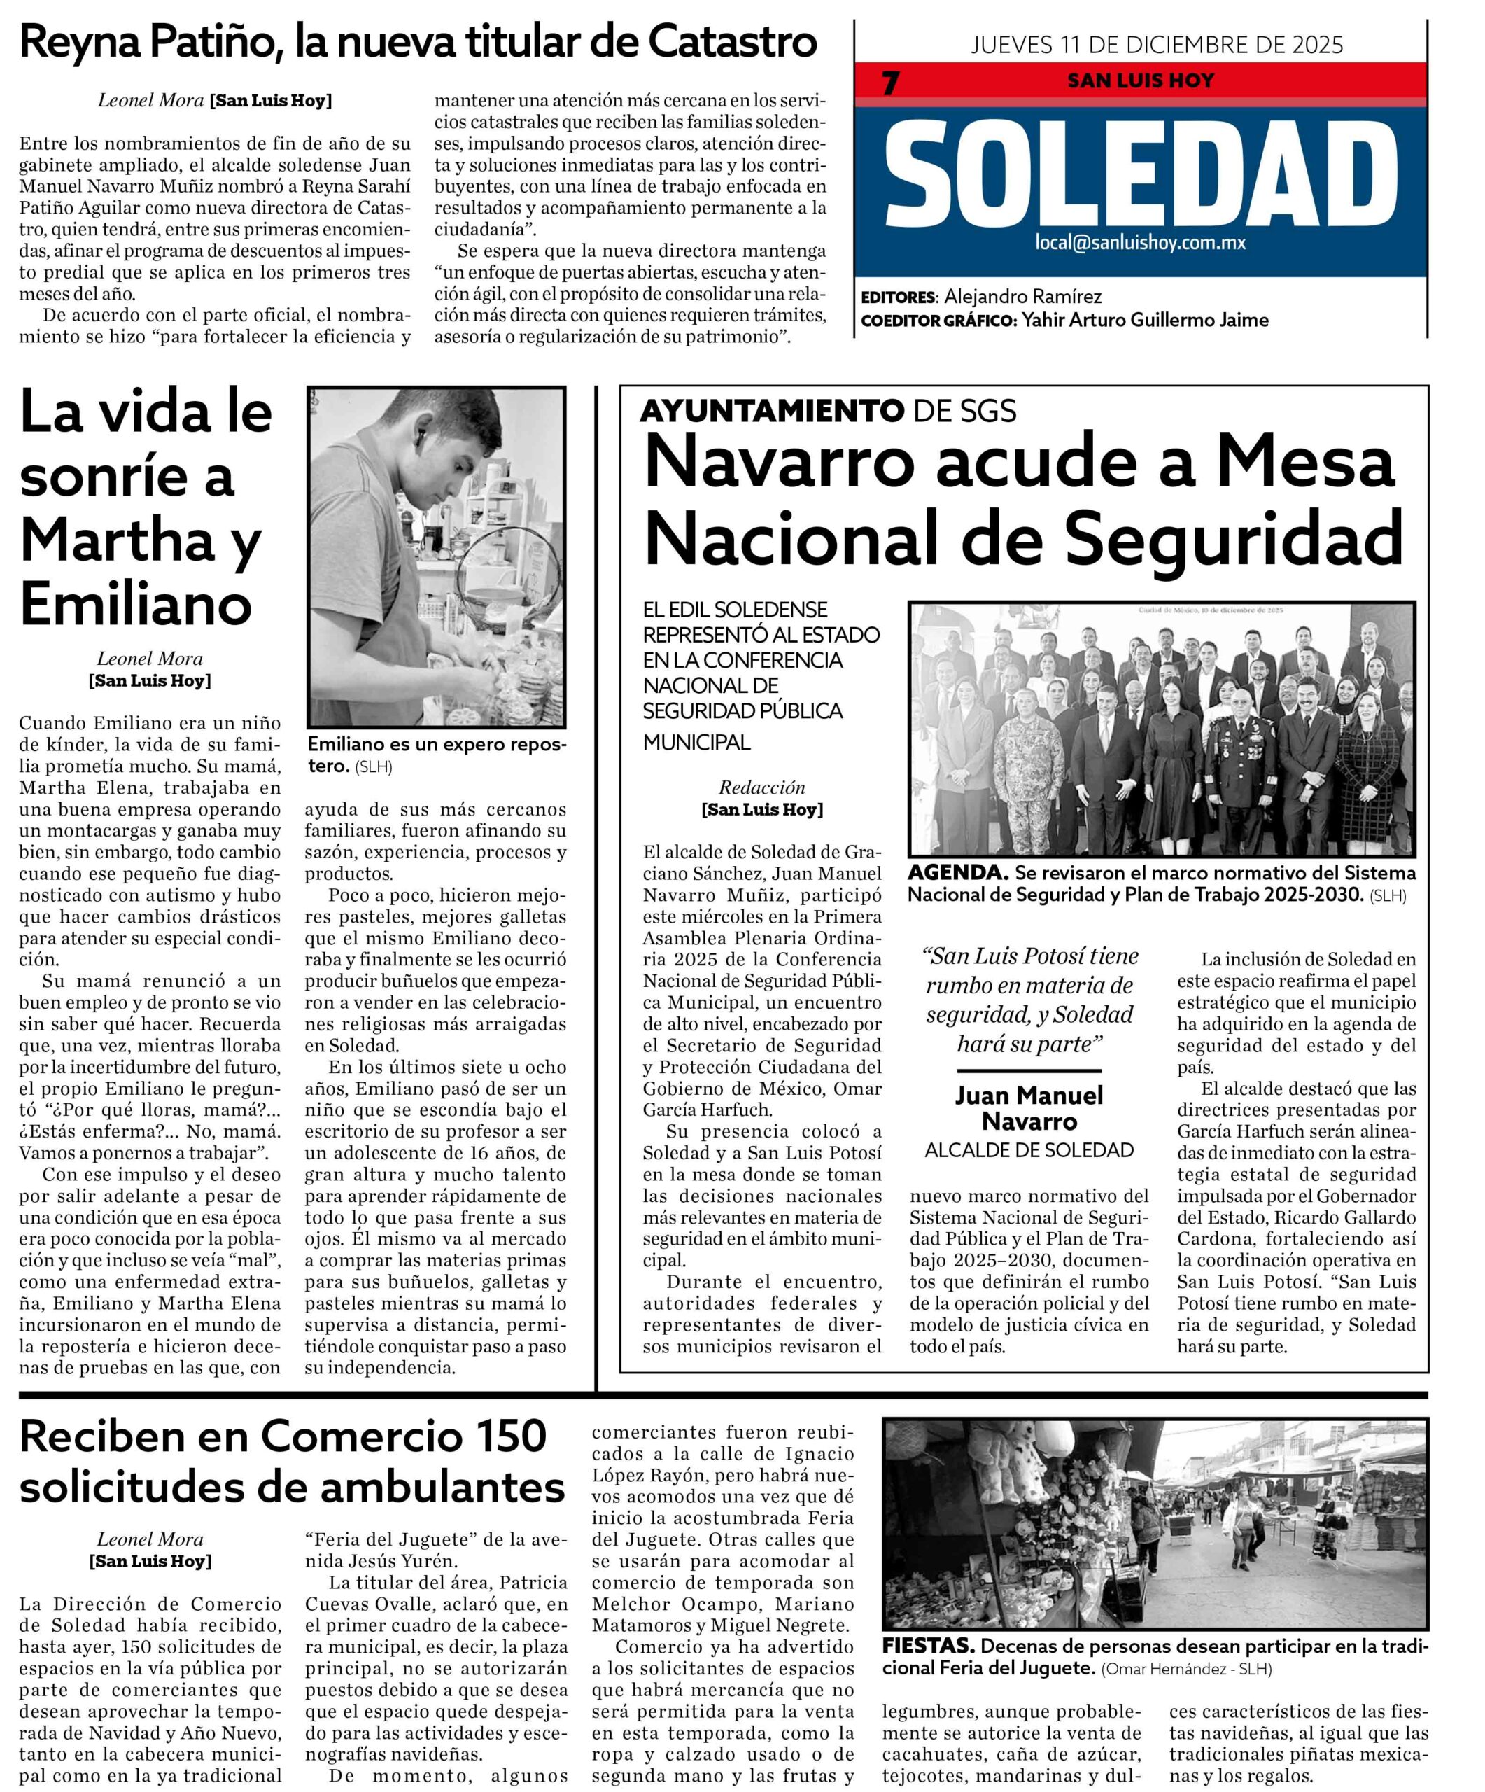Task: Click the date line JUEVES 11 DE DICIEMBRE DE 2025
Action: (x=1156, y=44)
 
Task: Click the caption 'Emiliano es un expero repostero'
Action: (x=435, y=753)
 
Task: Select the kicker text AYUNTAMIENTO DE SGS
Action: (x=826, y=412)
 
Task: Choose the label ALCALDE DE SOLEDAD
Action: (x=1029, y=1150)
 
